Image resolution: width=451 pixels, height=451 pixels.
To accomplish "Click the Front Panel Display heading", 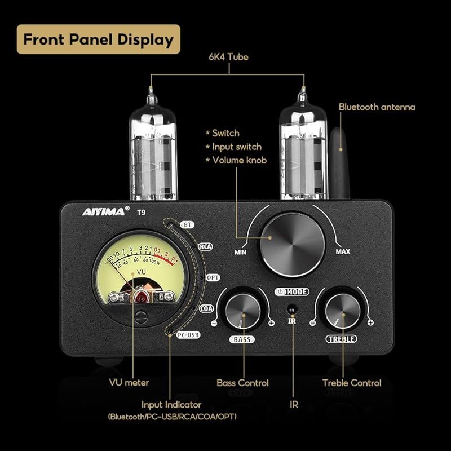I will click(98, 39).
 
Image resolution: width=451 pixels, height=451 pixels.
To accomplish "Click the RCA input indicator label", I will click(205, 246).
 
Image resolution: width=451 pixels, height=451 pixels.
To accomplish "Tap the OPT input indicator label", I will click(213, 278).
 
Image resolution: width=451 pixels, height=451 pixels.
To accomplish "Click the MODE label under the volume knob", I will click(293, 291).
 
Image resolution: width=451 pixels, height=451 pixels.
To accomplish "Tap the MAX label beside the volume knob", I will click(343, 251).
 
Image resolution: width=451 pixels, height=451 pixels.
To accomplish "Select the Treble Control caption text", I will click(352, 383).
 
